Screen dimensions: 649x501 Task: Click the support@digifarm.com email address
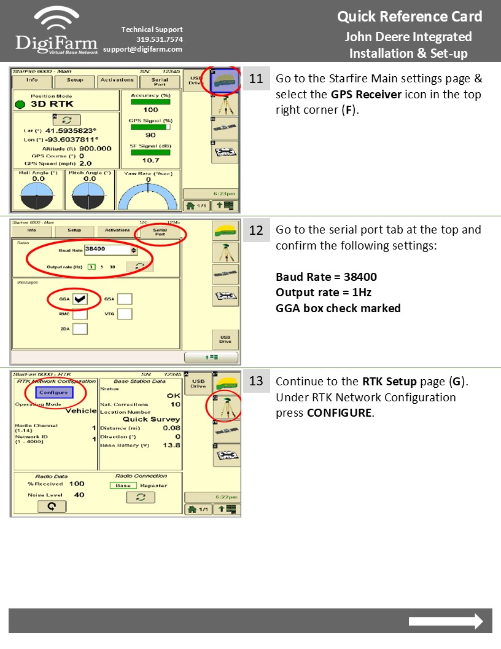point(142,49)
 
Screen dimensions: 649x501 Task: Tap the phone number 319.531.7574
point(159,39)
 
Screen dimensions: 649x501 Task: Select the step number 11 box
point(256,79)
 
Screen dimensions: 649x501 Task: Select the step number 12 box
point(256,230)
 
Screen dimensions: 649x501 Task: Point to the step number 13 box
point(256,381)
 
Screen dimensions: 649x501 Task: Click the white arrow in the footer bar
point(446,621)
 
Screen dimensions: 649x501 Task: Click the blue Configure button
point(53,392)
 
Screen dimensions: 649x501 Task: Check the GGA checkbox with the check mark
point(79,299)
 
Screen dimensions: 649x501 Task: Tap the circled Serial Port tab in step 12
point(160,232)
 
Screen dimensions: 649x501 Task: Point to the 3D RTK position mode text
point(53,104)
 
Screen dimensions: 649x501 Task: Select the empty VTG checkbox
point(125,314)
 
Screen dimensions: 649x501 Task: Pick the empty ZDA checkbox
point(80,329)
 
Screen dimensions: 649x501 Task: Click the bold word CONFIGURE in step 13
point(340,413)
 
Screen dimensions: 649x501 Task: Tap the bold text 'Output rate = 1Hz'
point(324,293)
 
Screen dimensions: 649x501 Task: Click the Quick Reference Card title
point(410,17)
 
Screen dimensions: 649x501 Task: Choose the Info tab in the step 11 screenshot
point(32,80)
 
